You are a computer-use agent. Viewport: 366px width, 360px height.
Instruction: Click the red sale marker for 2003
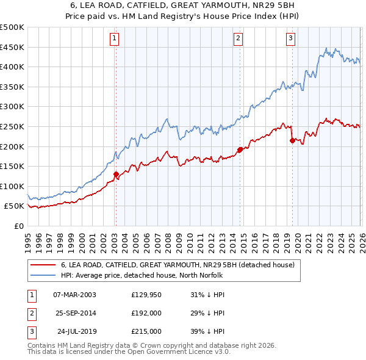coord(115,174)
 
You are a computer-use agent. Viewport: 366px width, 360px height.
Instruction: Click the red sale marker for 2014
coord(240,149)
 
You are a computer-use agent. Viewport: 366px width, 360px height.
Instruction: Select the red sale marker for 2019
coord(292,140)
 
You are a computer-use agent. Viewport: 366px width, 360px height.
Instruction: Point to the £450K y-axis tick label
coord(12,47)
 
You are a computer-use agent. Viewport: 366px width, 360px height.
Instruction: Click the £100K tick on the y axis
coord(12,186)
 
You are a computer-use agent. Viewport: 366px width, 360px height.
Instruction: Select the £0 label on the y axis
coord(18,226)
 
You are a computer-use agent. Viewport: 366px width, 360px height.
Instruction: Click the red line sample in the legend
coord(43,265)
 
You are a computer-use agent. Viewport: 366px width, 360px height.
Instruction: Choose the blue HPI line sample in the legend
coord(43,275)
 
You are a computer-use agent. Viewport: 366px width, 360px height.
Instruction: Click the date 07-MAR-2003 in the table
coord(74,295)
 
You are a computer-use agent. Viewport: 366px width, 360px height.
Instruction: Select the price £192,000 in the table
coord(146,313)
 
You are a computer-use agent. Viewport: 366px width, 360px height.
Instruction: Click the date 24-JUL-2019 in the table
coord(74,331)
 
